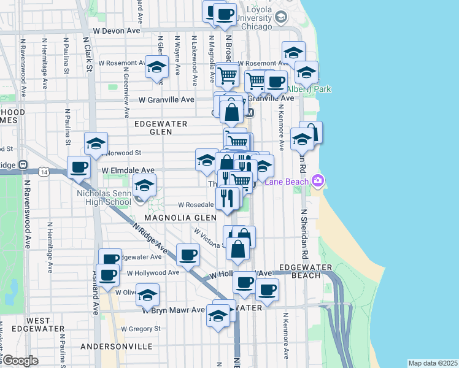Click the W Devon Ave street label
[116, 30]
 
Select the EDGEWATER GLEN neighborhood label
[160, 128]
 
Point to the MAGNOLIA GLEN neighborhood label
[181, 218]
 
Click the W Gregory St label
[141, 329]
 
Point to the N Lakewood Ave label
[195, 61]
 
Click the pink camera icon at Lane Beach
[318, 180]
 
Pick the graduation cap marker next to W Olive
[147, 294]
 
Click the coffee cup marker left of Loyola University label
[225, 13]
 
